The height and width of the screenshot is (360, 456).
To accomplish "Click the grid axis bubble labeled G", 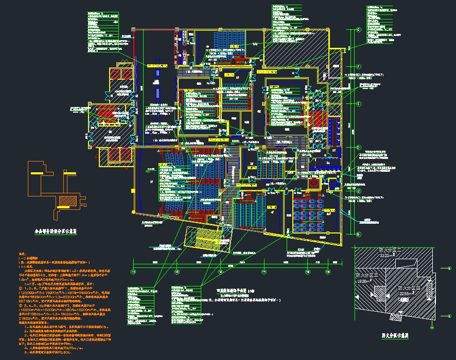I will click(x=358, y=29).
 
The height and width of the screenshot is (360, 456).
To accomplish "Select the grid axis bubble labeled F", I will click(x=358, y=66).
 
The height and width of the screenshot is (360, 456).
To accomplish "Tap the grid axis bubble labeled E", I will click(x=358, y=103).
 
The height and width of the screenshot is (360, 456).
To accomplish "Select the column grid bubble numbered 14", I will click(x=264, y=271).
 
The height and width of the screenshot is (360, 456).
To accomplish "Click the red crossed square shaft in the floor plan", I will click(x=313, y=184).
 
